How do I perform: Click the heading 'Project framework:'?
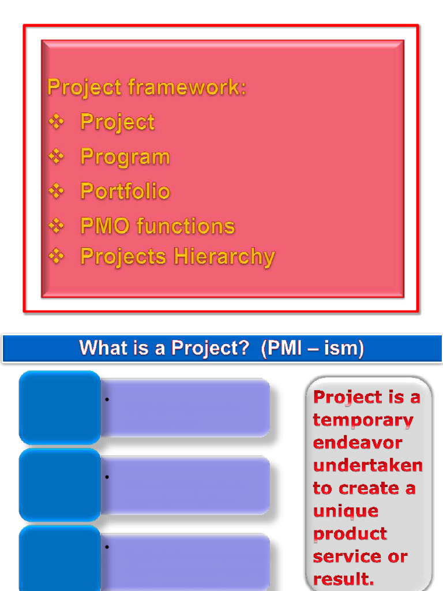(x=147, y=88)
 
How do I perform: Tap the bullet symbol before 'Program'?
(x=56, y=156)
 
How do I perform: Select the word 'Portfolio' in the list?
(x=125, y=191)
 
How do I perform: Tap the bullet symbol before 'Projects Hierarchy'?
(x=56, y=256)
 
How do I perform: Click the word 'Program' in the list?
(x=125, y=156)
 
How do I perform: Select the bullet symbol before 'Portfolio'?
(x=56, y=190)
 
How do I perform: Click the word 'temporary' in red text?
(x=363, y=420)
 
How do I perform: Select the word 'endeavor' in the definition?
(x=357, y=443)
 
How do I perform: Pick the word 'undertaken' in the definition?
(x=367, y=466)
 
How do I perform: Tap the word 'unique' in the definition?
(x=346, y=511)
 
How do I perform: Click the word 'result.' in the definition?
(x=343, y=578)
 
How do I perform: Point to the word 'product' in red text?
(x=350, y=534)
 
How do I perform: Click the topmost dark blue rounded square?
(x=60, y=407)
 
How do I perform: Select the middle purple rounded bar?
(x=185, y=485)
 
